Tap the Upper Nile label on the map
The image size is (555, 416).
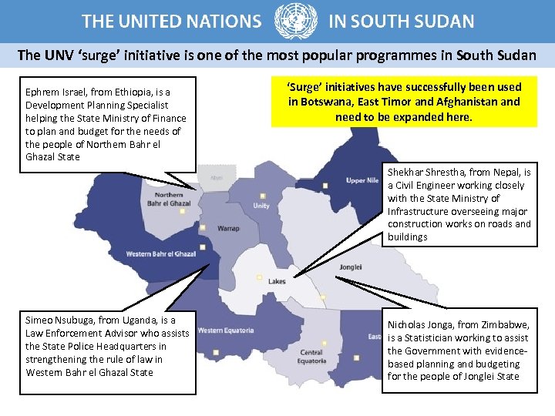[362, 180]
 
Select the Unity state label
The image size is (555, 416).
[261, 206]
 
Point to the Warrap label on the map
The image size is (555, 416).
[228, 228]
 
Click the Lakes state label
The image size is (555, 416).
[277, 281]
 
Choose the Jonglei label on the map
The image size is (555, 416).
[350, 267]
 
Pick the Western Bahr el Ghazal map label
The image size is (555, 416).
[161, 253]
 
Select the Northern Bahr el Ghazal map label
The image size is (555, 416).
[168, 200]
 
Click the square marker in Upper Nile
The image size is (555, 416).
[325, 185]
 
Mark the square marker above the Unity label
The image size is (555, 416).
[262, 196]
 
